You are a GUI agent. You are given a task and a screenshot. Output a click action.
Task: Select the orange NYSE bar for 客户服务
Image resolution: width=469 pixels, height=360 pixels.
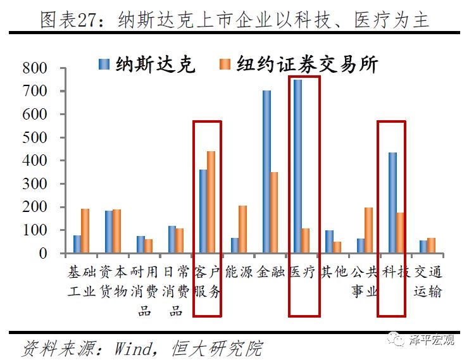pyautogui.click(x=211, y=202)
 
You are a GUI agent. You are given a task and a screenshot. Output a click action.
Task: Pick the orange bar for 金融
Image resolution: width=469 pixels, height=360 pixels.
pyautogui.click(x=274, y=213)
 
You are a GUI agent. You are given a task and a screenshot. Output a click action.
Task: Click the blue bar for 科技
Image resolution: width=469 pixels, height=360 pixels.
pyautogui.click(x=392, y=202)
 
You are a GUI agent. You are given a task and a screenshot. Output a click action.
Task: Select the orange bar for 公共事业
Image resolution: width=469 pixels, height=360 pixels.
pyautogui.click(x=369, y=230)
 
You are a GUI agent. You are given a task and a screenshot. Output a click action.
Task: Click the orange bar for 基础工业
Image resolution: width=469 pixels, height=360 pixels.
pyautogui.click(x=85, y=231)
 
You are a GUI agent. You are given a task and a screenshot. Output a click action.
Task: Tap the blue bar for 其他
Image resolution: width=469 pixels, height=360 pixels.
pyautogui.click(x=329, y=242)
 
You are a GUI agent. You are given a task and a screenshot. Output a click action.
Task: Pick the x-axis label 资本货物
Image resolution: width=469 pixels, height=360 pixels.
pyautogui.click(x=113, y=282)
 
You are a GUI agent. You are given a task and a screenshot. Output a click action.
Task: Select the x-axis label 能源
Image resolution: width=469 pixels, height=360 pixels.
pyautogui.click(x=239, y=273)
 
